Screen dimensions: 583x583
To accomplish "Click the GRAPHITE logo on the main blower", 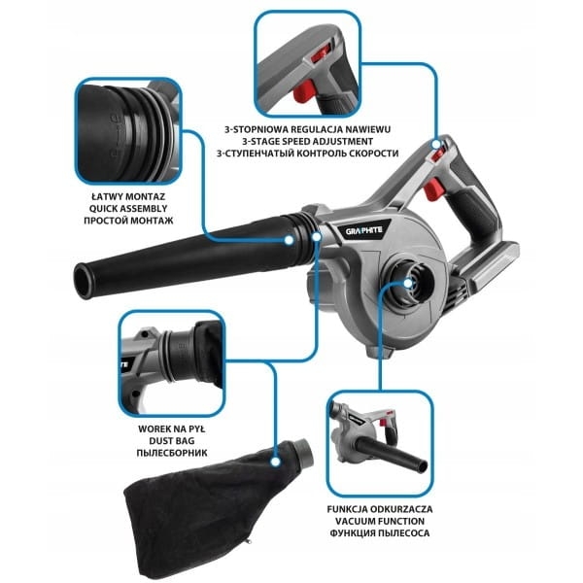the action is pos(363,230).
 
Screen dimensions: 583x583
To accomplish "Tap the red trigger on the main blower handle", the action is pos(432,189).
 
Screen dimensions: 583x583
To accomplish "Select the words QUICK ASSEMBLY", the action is pos(128,209).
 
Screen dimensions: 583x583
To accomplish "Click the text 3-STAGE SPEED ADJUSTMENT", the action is pos(307,141).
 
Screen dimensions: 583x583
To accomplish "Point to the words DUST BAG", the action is pos(172,441).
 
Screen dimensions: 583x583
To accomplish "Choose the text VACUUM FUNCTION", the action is pos(380,521).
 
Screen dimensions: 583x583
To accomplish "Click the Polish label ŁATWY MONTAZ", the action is pos(128,196).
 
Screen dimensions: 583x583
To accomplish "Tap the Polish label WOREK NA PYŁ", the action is pos(172,429).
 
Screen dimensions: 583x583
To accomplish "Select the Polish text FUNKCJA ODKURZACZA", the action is pos(380,509).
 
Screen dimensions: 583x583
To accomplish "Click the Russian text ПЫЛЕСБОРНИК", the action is pos(172,453).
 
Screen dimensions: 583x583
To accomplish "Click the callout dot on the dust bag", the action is pos(275,463).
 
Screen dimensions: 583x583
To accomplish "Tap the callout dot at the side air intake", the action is pos(408,284).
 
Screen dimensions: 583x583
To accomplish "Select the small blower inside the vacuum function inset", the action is pos(379,439).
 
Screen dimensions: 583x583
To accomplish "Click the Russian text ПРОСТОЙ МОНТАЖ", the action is pos(128,221).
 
